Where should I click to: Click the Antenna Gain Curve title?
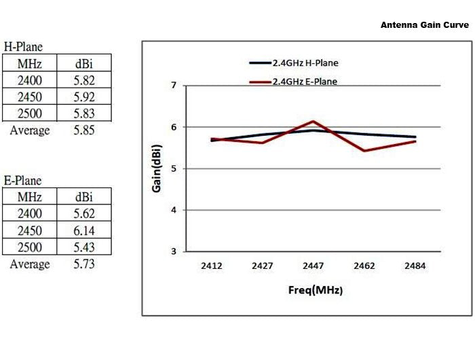(x=424, y=25)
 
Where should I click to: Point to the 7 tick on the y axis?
(x=174, y=86)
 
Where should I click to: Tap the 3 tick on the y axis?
(x=174, y=251)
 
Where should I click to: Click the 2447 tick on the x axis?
(x=313, y=266)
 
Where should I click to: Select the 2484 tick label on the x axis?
(x=415, y=266)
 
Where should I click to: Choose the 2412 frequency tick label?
(x=212, y=266)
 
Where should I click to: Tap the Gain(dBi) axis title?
(x=155, y=168)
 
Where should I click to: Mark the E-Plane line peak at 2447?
(x=313, y=122)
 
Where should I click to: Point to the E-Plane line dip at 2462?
(x=364, y=151)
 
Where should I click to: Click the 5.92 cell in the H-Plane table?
(x=84, y=97)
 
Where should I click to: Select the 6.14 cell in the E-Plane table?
(x=84, y=230)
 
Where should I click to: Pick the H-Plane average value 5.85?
(x=84, y=130)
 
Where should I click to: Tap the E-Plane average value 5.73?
(x=84, y=264)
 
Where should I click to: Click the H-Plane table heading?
(x=23, y=48)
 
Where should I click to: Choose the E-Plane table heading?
(x=23, y=181)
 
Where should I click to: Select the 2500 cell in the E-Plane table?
(x=30, y=247)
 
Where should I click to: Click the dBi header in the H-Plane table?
(x=84, y=64)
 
